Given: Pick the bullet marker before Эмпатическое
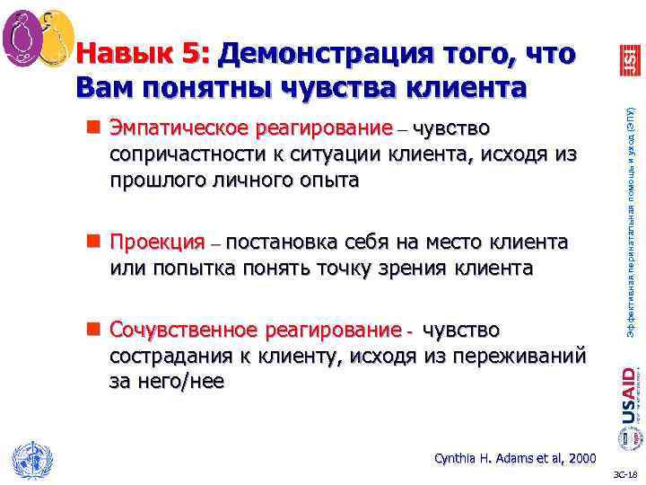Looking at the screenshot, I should [x=92, y=129].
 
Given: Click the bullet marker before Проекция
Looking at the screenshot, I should [x=92, y=242].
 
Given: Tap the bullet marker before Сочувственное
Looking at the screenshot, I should [x=92, y=330].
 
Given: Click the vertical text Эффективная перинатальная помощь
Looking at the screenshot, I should [x=629, y=216].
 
